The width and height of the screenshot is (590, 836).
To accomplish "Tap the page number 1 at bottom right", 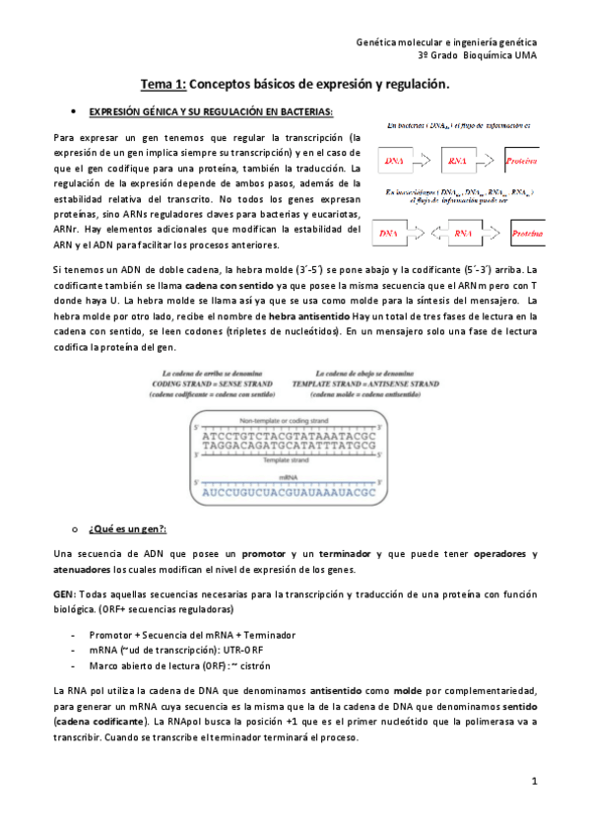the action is pos(534,782).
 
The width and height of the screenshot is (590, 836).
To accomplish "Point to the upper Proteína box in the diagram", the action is pos(520,160).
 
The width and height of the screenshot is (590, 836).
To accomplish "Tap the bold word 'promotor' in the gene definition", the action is pos(264,554).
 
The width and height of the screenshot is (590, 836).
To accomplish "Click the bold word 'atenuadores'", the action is pos(82,570).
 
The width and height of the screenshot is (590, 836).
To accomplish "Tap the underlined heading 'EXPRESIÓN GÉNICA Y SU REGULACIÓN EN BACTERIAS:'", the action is pos(211,111).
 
